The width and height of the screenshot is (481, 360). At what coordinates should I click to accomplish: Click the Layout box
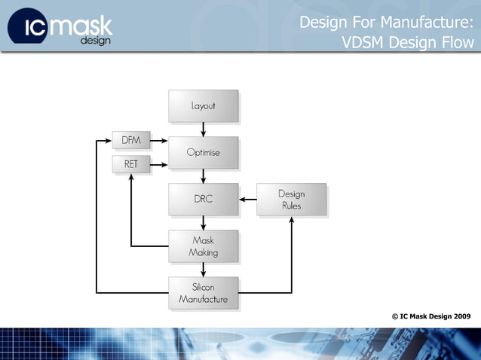click(x=203, y=106)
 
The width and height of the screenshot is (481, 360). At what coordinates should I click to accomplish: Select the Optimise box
click(x=203, y=152)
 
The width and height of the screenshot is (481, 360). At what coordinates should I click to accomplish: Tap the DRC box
click(x=203, y=199)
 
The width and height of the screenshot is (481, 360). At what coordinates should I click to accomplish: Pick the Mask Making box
click(x=203, y=246)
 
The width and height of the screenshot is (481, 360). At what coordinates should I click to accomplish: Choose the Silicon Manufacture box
click(x=203, y=293)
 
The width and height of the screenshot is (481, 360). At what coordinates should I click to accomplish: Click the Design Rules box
click(x=291, y=199)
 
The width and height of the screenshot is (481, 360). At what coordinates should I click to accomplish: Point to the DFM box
click(x=131, y=141)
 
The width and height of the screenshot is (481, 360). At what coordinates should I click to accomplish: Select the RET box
click(x=131, y=163)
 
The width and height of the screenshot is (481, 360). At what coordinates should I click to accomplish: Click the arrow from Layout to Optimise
click(x=203, y=129)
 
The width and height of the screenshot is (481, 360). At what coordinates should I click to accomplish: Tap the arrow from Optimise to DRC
click(x=203, y=175)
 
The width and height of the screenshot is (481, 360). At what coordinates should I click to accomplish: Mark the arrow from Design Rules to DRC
click(x=248, y=200)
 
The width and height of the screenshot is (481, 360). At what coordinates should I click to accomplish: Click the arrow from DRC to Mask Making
click(x=203, y=222)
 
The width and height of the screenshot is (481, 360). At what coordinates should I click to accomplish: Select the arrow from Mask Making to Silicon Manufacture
click(x=203, y=269)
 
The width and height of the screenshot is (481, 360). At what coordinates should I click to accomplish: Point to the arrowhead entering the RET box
click(x=131, y=177)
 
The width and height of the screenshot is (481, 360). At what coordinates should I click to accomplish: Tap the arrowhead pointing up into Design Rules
click(x=291, y=220)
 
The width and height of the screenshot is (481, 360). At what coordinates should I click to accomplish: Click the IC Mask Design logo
click(x=60, y=26)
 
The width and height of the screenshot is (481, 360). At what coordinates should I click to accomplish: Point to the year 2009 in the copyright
click(x=461, y=316)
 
